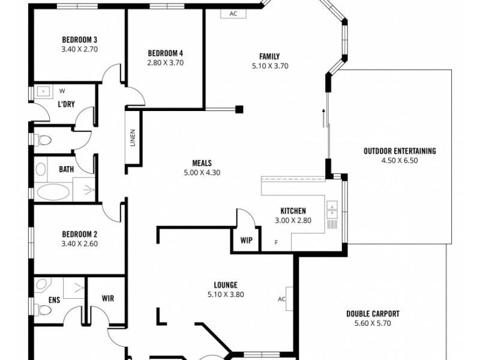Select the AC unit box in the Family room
(233, 14)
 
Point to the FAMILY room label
(270, 57)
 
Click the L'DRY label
(66, 104)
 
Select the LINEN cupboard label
(133, 139)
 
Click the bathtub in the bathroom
(55, 192)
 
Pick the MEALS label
(202, 163)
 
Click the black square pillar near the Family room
(239, 109)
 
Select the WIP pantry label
(246, 240)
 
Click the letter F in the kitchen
(276, 242)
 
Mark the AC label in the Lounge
(281, 299)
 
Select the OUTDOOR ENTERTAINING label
(400, 151)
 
